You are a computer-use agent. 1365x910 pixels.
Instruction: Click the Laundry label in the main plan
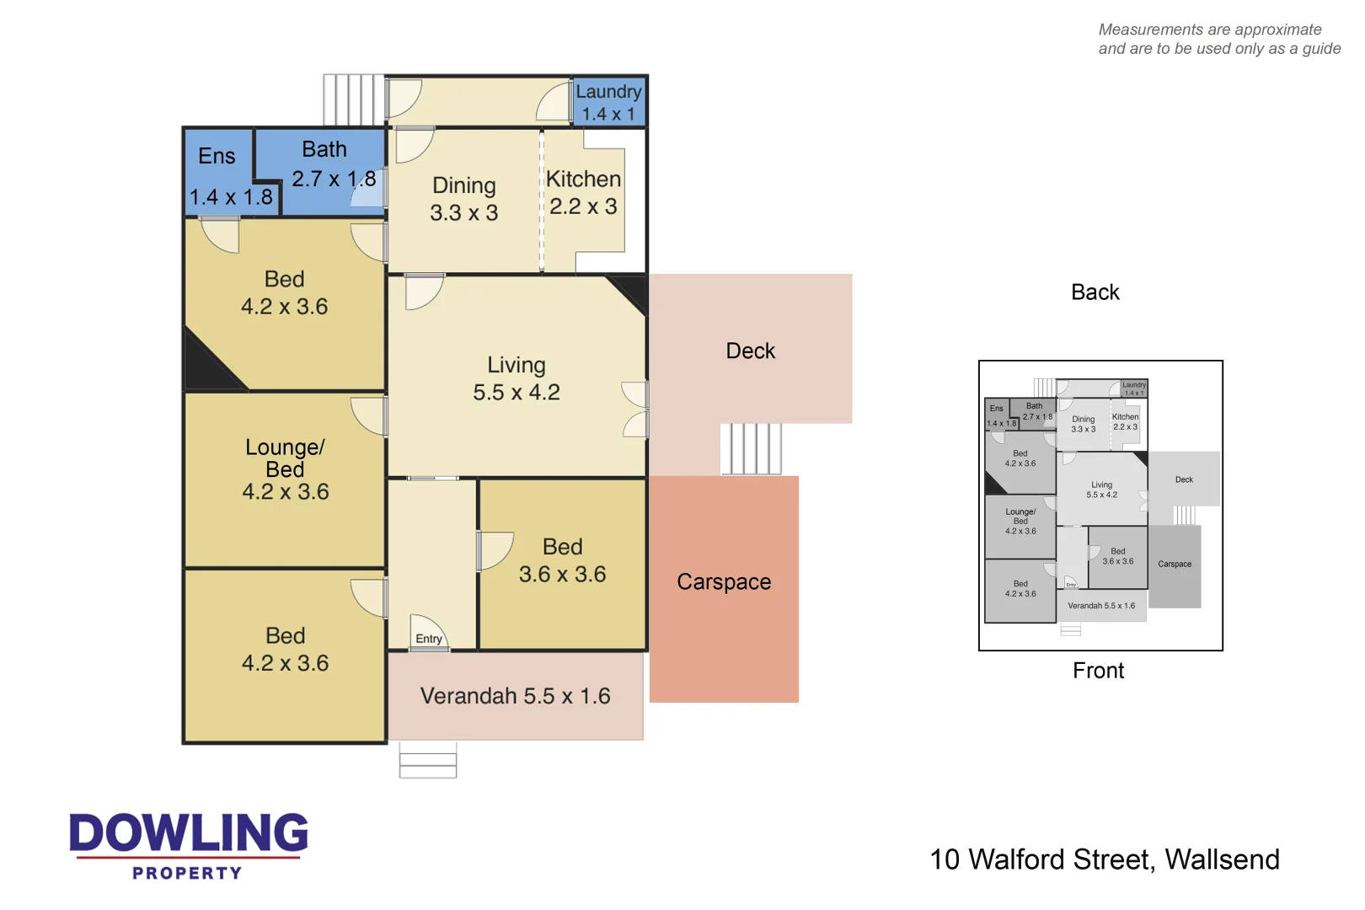point(608,92)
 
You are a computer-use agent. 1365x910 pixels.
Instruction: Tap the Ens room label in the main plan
point(217,157)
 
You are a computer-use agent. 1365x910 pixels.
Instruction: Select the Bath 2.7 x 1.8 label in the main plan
point(327,164)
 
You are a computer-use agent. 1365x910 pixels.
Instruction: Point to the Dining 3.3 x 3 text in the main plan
point(463,199)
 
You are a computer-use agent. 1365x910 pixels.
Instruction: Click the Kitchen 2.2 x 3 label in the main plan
point(583,192)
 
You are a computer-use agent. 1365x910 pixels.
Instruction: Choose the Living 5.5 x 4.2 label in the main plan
point(516,378)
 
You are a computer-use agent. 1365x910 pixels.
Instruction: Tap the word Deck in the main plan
point(750,351)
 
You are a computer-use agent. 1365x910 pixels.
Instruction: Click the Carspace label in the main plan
point(724,582)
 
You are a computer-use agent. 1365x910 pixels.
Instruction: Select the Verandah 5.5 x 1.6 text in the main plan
point(515,696)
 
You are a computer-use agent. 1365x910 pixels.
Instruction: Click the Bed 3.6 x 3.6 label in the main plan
point(562,560)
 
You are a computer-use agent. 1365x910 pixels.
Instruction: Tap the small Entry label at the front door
point(428,639)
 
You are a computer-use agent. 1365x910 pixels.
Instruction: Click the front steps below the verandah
point(428,760)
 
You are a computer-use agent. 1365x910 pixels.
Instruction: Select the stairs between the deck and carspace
point(751,449)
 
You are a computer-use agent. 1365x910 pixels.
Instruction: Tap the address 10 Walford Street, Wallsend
point(1104,859)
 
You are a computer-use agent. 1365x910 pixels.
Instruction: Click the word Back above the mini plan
point(1095,292)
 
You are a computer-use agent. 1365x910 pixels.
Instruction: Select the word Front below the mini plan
point(1098,671)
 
